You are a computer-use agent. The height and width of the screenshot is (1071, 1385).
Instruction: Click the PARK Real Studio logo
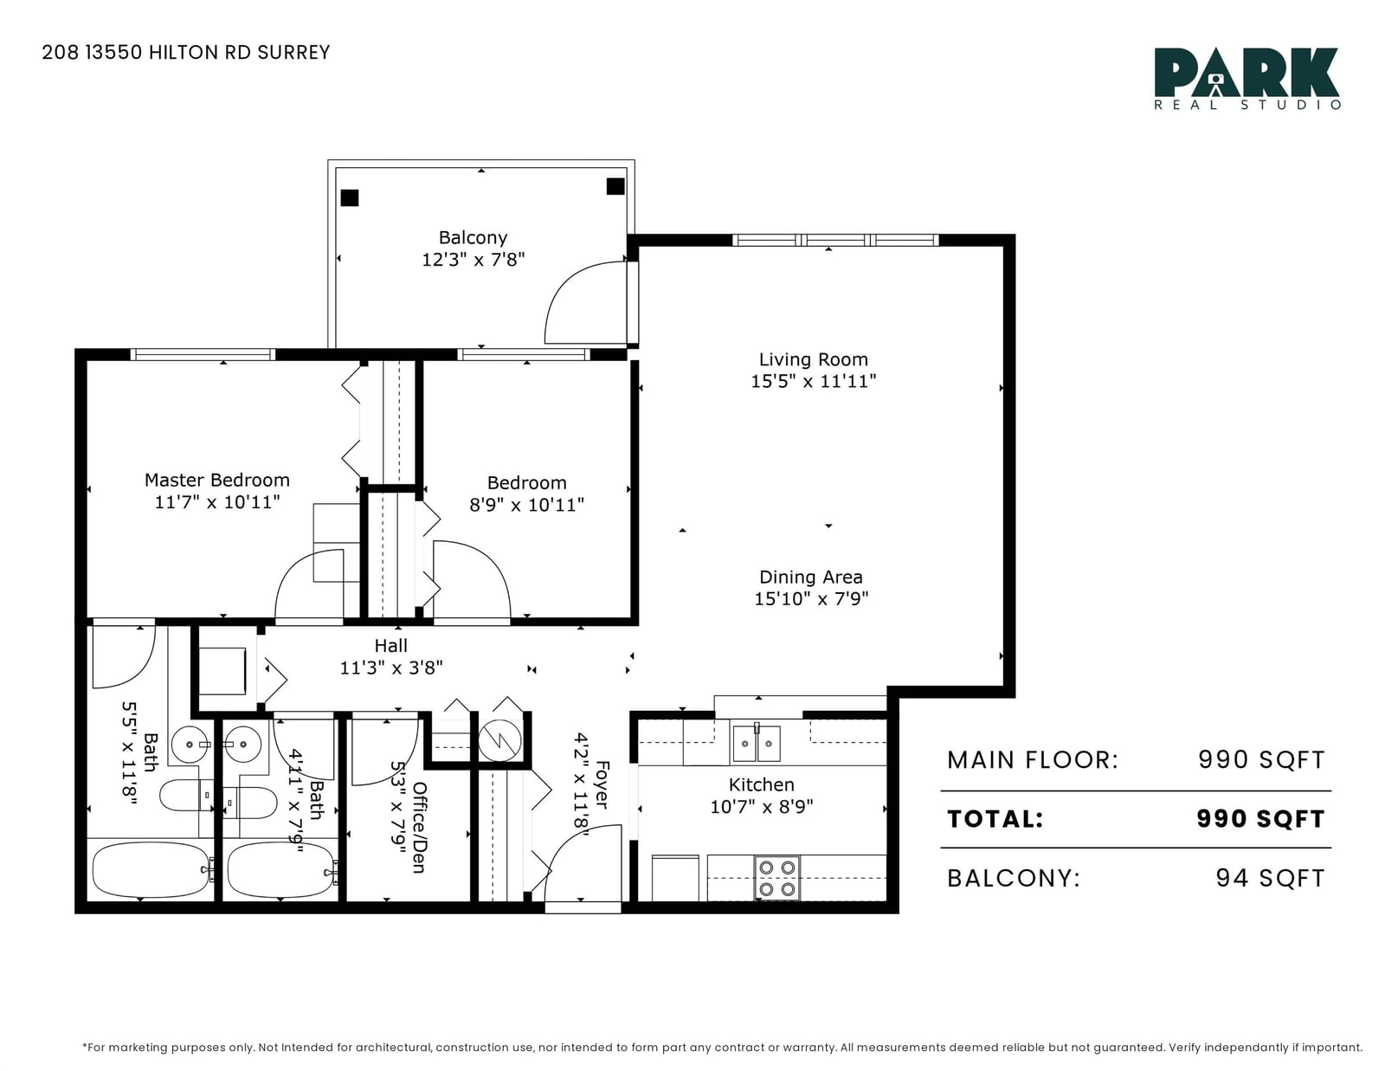pos(1247,79)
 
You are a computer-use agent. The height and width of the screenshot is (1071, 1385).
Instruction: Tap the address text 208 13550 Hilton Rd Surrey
pos(186,52)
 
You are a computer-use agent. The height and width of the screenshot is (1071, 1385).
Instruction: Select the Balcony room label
pos(473,238)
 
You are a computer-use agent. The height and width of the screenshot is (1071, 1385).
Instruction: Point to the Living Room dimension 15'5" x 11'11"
pos(814,381)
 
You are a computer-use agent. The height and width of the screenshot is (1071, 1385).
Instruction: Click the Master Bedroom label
pos(217,480)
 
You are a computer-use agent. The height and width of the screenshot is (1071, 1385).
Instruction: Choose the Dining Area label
pos(811,577)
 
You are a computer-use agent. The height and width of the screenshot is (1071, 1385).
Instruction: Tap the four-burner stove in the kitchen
pos(777,878)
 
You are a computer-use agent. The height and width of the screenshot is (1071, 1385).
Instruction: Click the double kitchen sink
pos(757,744)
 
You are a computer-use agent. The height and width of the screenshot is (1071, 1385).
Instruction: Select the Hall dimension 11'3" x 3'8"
pos(391,668)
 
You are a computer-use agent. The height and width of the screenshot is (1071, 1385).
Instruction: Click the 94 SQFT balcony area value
pos(1270,878)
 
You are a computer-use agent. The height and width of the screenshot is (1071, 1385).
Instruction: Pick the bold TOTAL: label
pos(995,819)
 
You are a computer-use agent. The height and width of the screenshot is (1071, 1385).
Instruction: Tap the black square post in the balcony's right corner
pos(615,186)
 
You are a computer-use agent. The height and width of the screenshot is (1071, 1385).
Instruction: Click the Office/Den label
pos(419,827)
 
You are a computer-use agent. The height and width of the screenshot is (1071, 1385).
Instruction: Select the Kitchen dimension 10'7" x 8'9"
pos(762,807)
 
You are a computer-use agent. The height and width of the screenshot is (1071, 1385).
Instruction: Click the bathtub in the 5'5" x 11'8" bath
pos(151,869)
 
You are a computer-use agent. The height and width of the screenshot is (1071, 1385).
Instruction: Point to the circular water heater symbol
pos(499,741)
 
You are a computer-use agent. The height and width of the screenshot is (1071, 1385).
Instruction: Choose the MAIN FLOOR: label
pos(1033,760)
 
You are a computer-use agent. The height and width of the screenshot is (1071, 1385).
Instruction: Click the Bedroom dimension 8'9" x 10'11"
pos(527,505)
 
